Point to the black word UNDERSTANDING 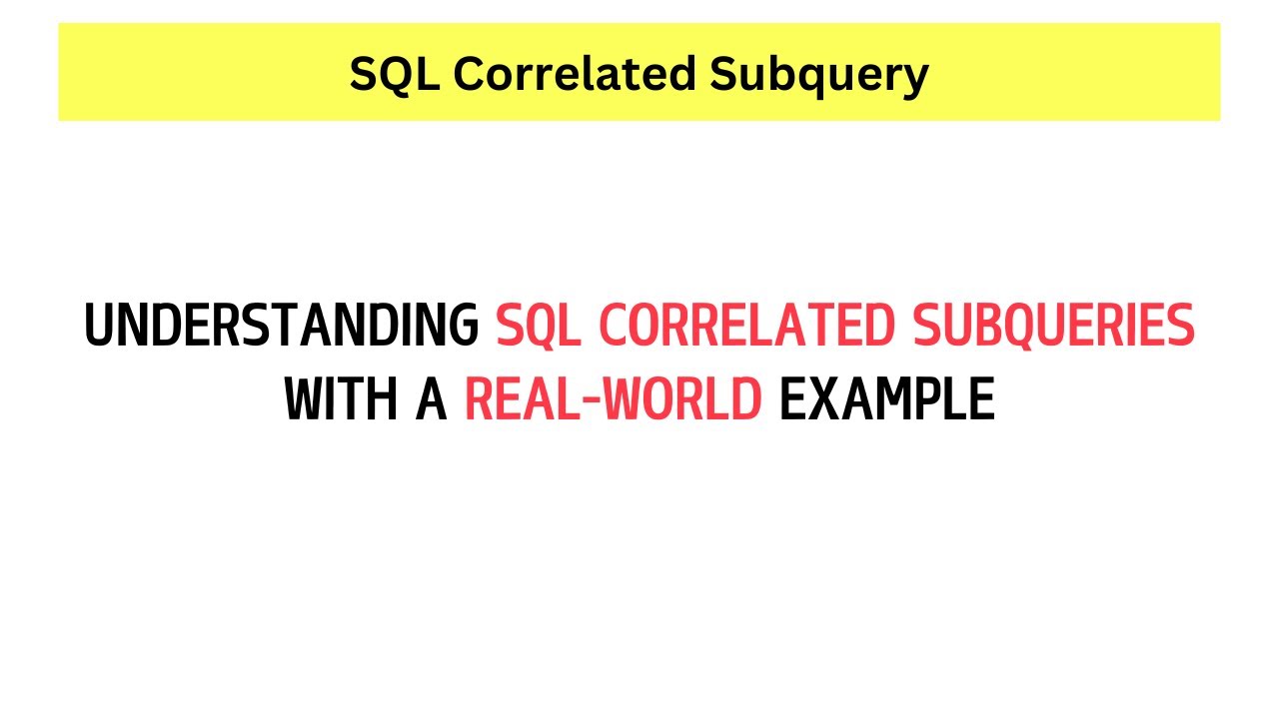281,326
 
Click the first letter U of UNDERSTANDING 99,326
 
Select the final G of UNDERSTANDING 463,326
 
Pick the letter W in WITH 306,400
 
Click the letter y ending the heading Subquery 915,78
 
